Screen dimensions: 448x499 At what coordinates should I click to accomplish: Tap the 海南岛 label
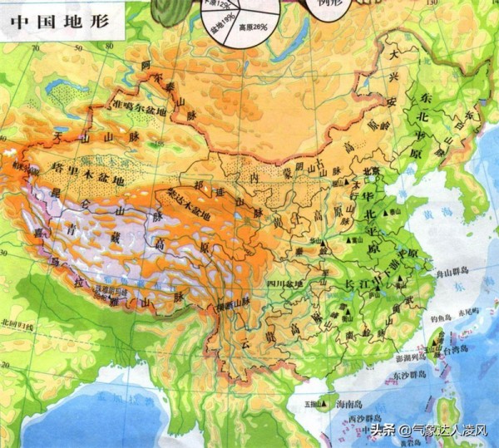348,402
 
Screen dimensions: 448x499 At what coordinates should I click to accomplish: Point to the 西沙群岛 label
365,416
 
